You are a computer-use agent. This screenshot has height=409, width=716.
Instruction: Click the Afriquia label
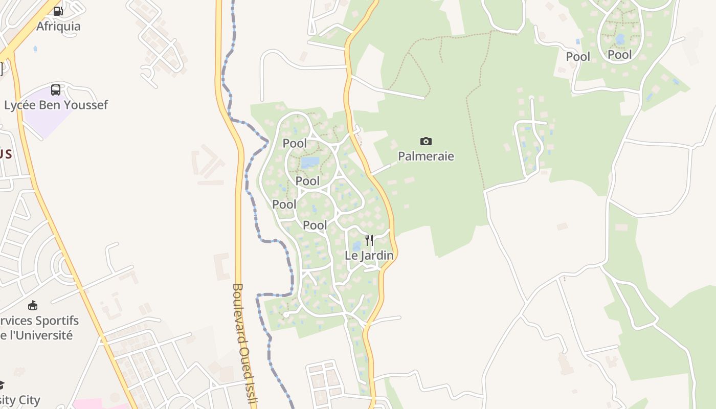(x=58, y=26)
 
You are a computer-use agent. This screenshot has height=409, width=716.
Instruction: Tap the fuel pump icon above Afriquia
(x=58, y=11)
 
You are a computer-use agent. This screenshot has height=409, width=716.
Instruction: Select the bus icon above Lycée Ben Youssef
(x=56, y=90)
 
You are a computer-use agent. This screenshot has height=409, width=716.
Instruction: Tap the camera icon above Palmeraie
(x=426, y=141)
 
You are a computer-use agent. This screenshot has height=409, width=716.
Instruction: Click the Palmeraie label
(x=426, y=156)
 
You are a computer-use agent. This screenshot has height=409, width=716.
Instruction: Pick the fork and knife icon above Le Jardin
(x=369, y=240)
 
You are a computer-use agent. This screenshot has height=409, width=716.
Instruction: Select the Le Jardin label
(x=369, y=255)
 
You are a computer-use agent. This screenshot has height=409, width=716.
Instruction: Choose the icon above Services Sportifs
(x=33, y=306)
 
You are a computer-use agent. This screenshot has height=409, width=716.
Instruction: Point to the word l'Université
(x=41, y=335)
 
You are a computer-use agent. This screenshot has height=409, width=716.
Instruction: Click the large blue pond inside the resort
(x=310, y=163)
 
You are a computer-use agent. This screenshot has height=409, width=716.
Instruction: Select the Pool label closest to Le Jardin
(x=315, y=225)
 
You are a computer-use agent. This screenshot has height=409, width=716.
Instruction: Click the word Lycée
(x=21, y=105)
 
